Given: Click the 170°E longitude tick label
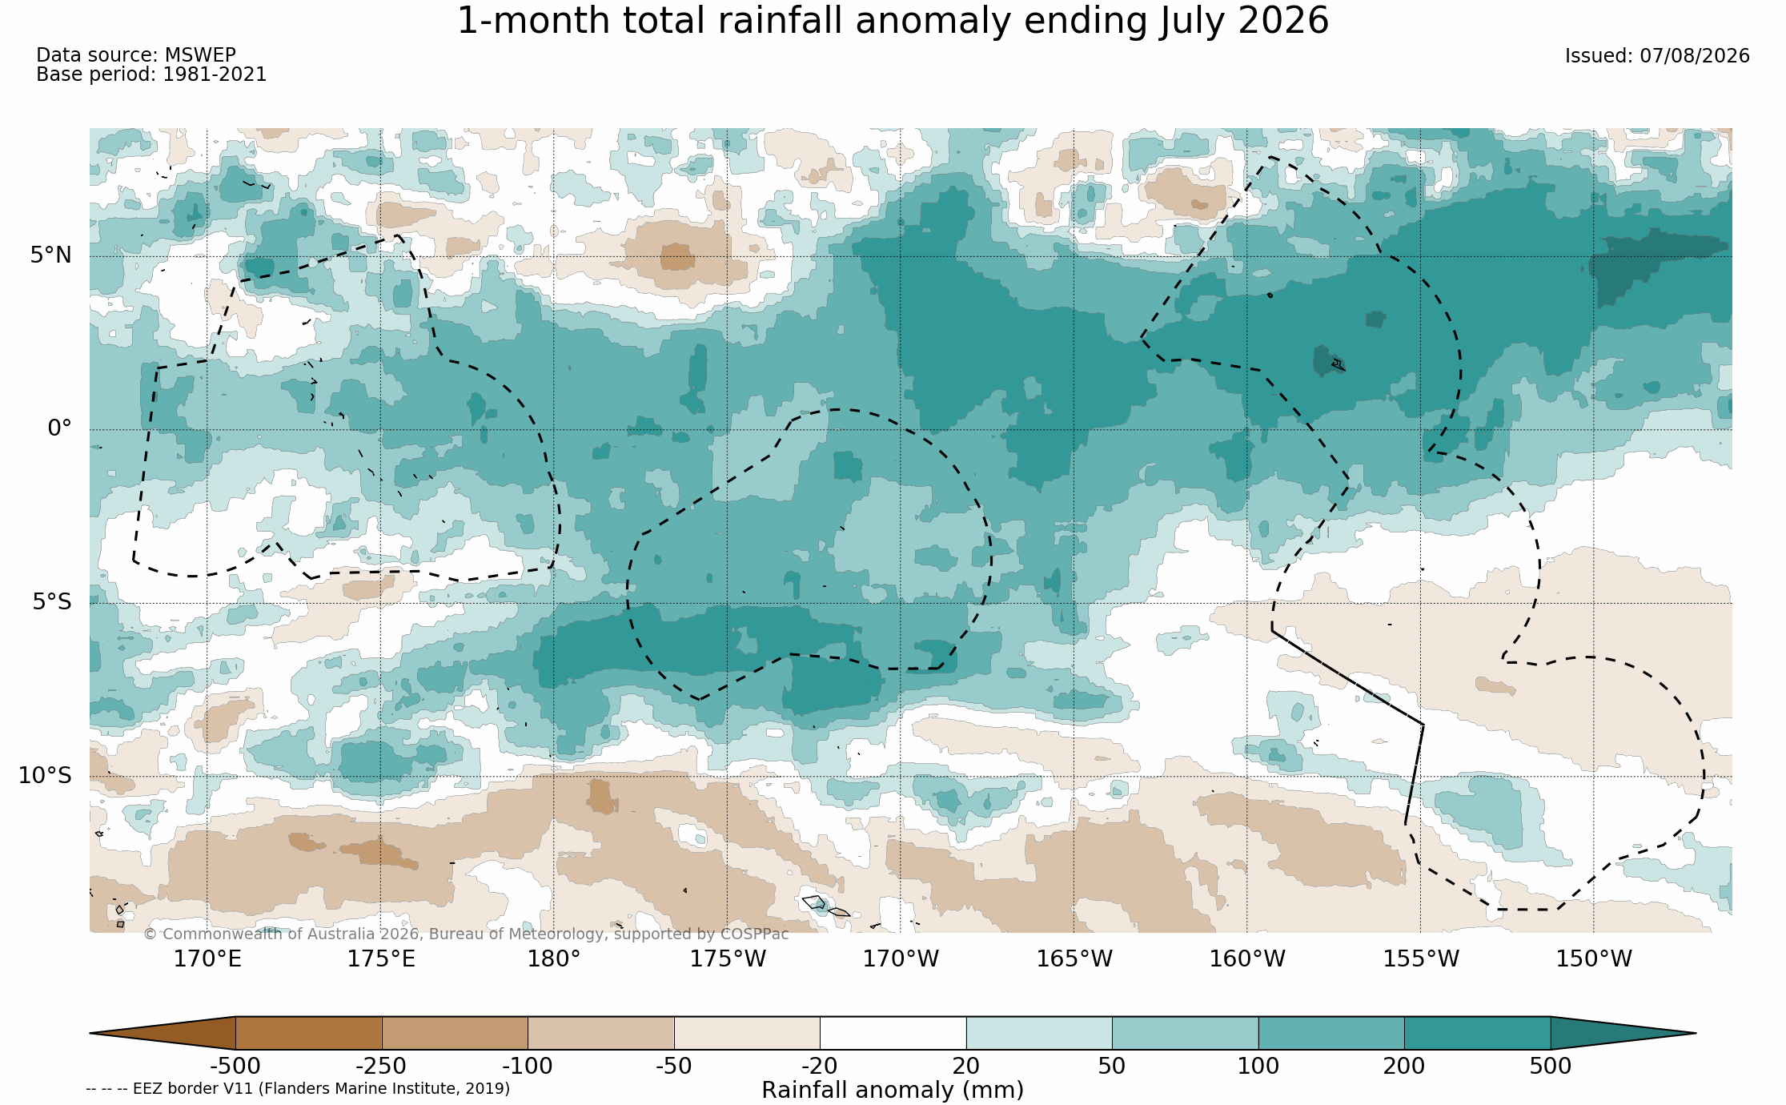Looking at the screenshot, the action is click(x=207, y=958).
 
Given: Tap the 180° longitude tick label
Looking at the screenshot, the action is click(x=553, y=958).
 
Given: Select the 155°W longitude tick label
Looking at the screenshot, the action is click(x=1421, y=958).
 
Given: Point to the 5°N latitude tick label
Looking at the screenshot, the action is click(x=51, y=255).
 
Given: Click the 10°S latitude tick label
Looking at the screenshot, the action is click(x=45, y=775).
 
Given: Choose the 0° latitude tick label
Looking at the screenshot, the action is click(x=59, y=428).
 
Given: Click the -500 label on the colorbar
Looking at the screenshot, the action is click(x=235, y=1066).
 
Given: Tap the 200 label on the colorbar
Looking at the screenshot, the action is click(x=1404, y=1066).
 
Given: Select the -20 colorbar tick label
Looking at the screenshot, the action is click(x=820, y=1066).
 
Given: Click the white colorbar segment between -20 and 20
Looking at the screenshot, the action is click(x=893, y=1033).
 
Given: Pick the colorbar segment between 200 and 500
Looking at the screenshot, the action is click(x=1477, y=1033).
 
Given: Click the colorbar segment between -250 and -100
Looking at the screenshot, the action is click(x=455, y=1033).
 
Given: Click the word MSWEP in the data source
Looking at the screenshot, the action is click(x=200, y=55).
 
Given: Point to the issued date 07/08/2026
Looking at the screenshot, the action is click(x=1695, y=56).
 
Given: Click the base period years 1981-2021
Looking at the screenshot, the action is click(x=215, y=74).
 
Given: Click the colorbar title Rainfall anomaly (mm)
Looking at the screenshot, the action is click(x=893, y=1091).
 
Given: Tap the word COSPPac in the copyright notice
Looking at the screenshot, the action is click(x=754, y=934).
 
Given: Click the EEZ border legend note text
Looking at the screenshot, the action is click(x=298, y=1088).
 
